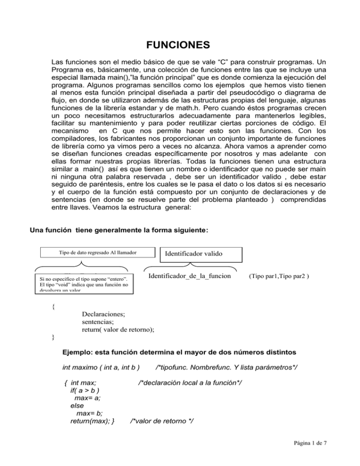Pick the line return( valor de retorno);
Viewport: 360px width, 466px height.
point(118,329)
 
